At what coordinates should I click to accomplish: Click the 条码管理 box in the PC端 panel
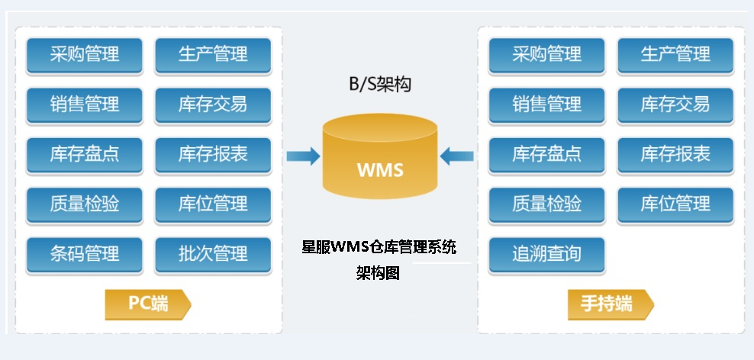(x=85, y=254)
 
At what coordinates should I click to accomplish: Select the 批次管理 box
(x=213, y=254)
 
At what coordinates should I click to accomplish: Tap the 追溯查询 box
(x=546, y=254)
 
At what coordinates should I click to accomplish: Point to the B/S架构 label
(x=379, y=84)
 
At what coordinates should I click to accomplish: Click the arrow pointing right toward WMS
(x=303, y=156)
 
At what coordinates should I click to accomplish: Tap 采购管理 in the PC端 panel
(x=85, y=55)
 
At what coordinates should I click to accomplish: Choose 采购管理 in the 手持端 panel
(x=546, y=55)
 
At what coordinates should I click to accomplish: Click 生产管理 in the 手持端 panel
(x=675, y=55)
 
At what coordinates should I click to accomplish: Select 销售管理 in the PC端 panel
(x=85, y=104)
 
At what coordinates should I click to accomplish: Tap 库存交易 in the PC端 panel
(x=213, y=104)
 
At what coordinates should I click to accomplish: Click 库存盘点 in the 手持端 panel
(x=546, y=154)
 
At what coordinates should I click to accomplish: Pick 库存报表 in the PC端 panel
(x=213, y=154)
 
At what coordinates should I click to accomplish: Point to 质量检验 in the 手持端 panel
(x=546, y=204)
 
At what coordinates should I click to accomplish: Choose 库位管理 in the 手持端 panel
(x=675, y=204)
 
